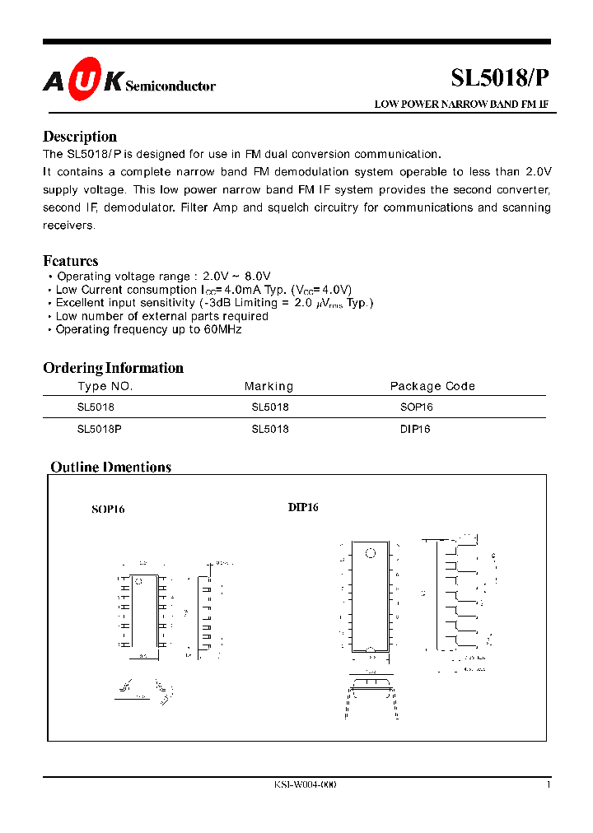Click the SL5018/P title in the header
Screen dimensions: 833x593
tap(499, 78)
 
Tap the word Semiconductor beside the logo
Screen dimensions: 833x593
tap(170, 86)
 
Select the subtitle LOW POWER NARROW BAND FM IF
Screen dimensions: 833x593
tap(461, 105)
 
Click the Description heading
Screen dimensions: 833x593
tap(80, 137)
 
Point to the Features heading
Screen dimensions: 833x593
tap(70, 261)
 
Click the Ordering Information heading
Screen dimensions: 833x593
tap(113, 368)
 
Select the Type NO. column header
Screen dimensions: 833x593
tap(105, 386)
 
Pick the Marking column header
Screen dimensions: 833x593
tap(268, 386)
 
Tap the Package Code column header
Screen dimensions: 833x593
tap(432, 386)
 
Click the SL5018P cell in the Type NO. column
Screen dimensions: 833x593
tap(100, 429)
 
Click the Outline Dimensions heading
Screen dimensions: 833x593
tap(111, 467)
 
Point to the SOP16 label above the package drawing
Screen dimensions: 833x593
tap(108, 510)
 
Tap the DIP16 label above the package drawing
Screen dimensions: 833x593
tap(303, 507)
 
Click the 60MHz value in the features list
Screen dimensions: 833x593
tap(222, 329)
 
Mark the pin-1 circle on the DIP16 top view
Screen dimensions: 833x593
tap(371, 552)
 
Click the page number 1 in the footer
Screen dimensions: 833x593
tap(549, 784)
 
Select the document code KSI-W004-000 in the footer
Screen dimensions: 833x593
tap(305, 784)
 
